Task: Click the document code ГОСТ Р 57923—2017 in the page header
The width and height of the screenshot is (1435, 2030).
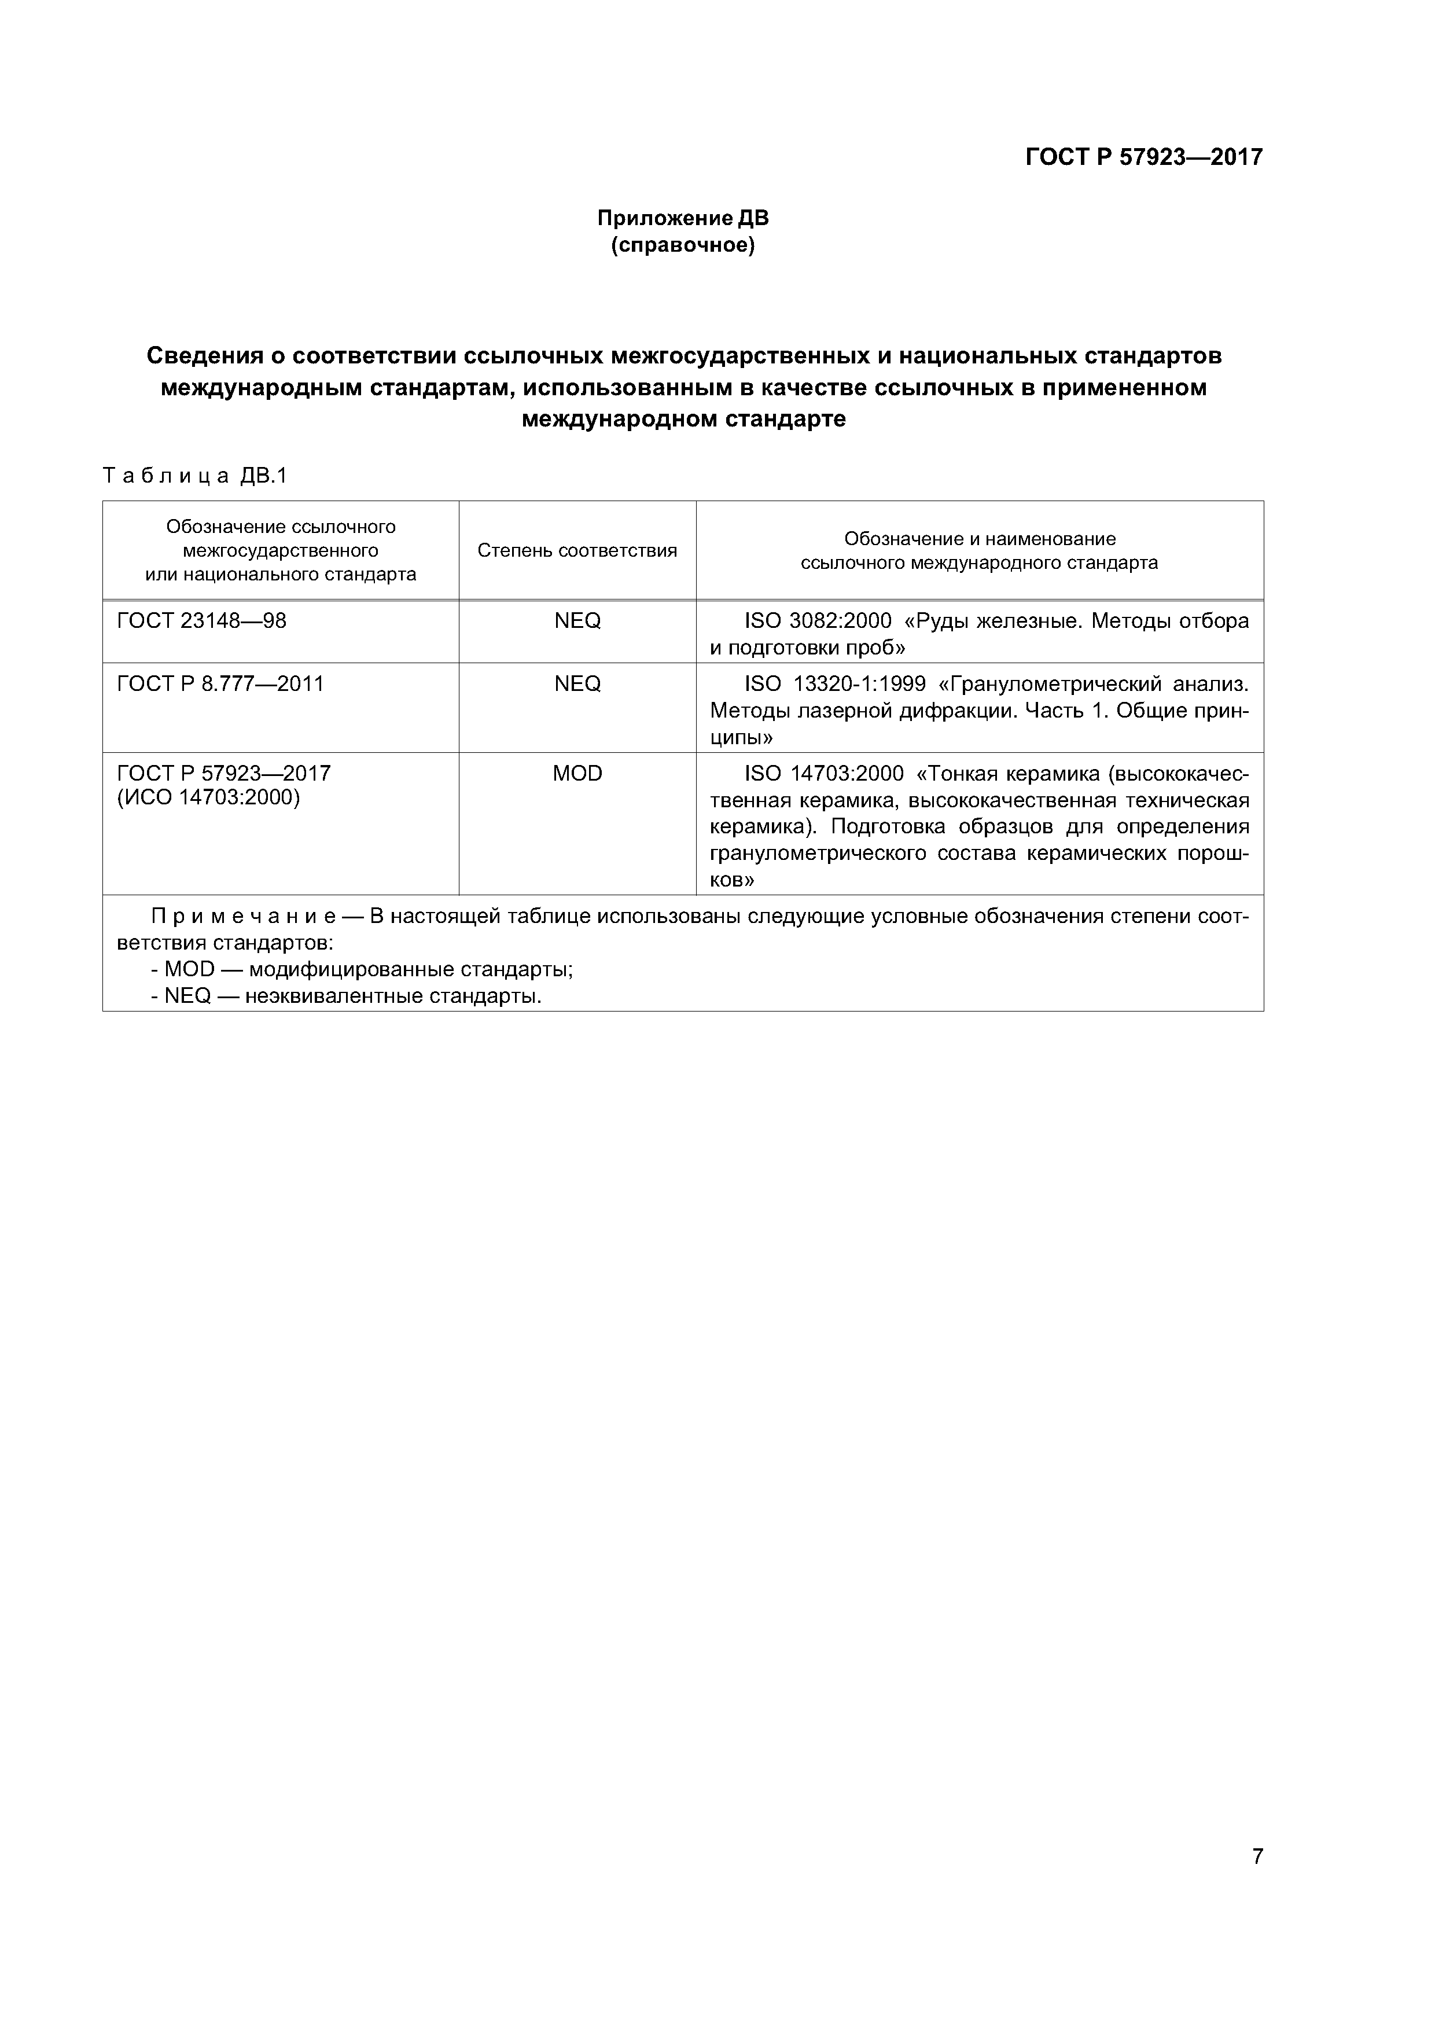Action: [1143, 157]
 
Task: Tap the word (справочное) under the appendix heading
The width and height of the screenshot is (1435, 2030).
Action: [683, 245]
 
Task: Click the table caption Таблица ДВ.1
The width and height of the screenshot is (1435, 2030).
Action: [196, 477]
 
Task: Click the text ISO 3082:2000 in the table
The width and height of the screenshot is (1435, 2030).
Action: [818, 621]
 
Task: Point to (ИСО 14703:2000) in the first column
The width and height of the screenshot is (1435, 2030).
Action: [209, 797]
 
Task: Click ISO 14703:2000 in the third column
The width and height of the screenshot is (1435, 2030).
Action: [823, 774]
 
